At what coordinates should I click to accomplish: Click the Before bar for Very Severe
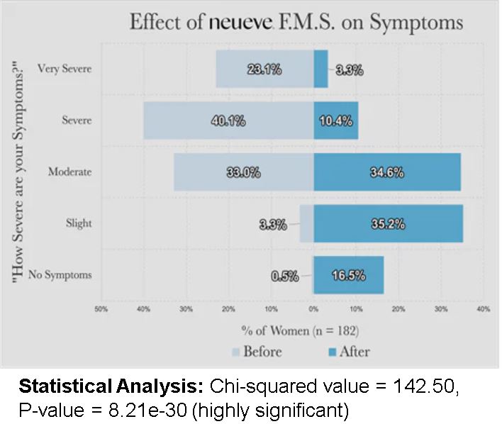264,69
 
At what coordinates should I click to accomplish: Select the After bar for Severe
336,121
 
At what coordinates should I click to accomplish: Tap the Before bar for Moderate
243,172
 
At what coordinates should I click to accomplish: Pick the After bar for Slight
388,223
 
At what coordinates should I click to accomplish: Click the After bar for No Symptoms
348,275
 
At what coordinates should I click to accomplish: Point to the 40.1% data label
228,121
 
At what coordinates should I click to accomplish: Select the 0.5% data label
284,276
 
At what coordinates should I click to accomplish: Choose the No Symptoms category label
60,275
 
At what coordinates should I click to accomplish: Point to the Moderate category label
69,172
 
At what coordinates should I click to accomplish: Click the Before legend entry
257,352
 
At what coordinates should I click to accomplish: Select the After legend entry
347,352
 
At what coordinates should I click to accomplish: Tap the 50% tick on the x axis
101,309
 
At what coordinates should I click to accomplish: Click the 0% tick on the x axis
313,309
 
